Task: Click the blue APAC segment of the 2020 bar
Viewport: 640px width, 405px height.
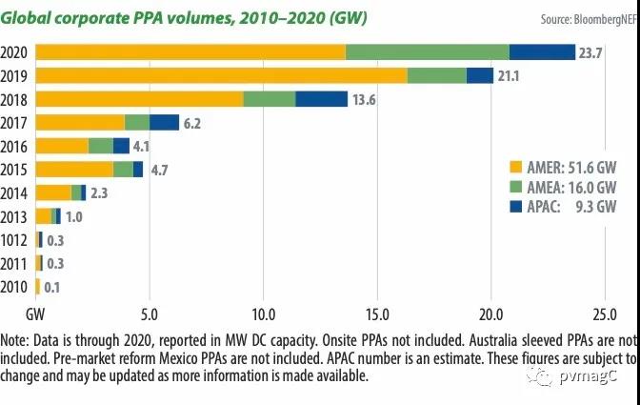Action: (542, 51)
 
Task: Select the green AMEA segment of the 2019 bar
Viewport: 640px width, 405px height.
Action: (437, 75)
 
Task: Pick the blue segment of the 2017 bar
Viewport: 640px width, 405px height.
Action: (164, 122)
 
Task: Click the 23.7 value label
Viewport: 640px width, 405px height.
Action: (590, 52)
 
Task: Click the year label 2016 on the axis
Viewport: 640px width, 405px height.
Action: (16, 146)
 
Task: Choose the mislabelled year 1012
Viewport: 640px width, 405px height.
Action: (16, 240)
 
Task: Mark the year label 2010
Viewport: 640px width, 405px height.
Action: (16, 287)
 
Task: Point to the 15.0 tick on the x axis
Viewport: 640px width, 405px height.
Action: (377, 313)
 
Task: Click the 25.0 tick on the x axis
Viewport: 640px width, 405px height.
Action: (605, 313)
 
